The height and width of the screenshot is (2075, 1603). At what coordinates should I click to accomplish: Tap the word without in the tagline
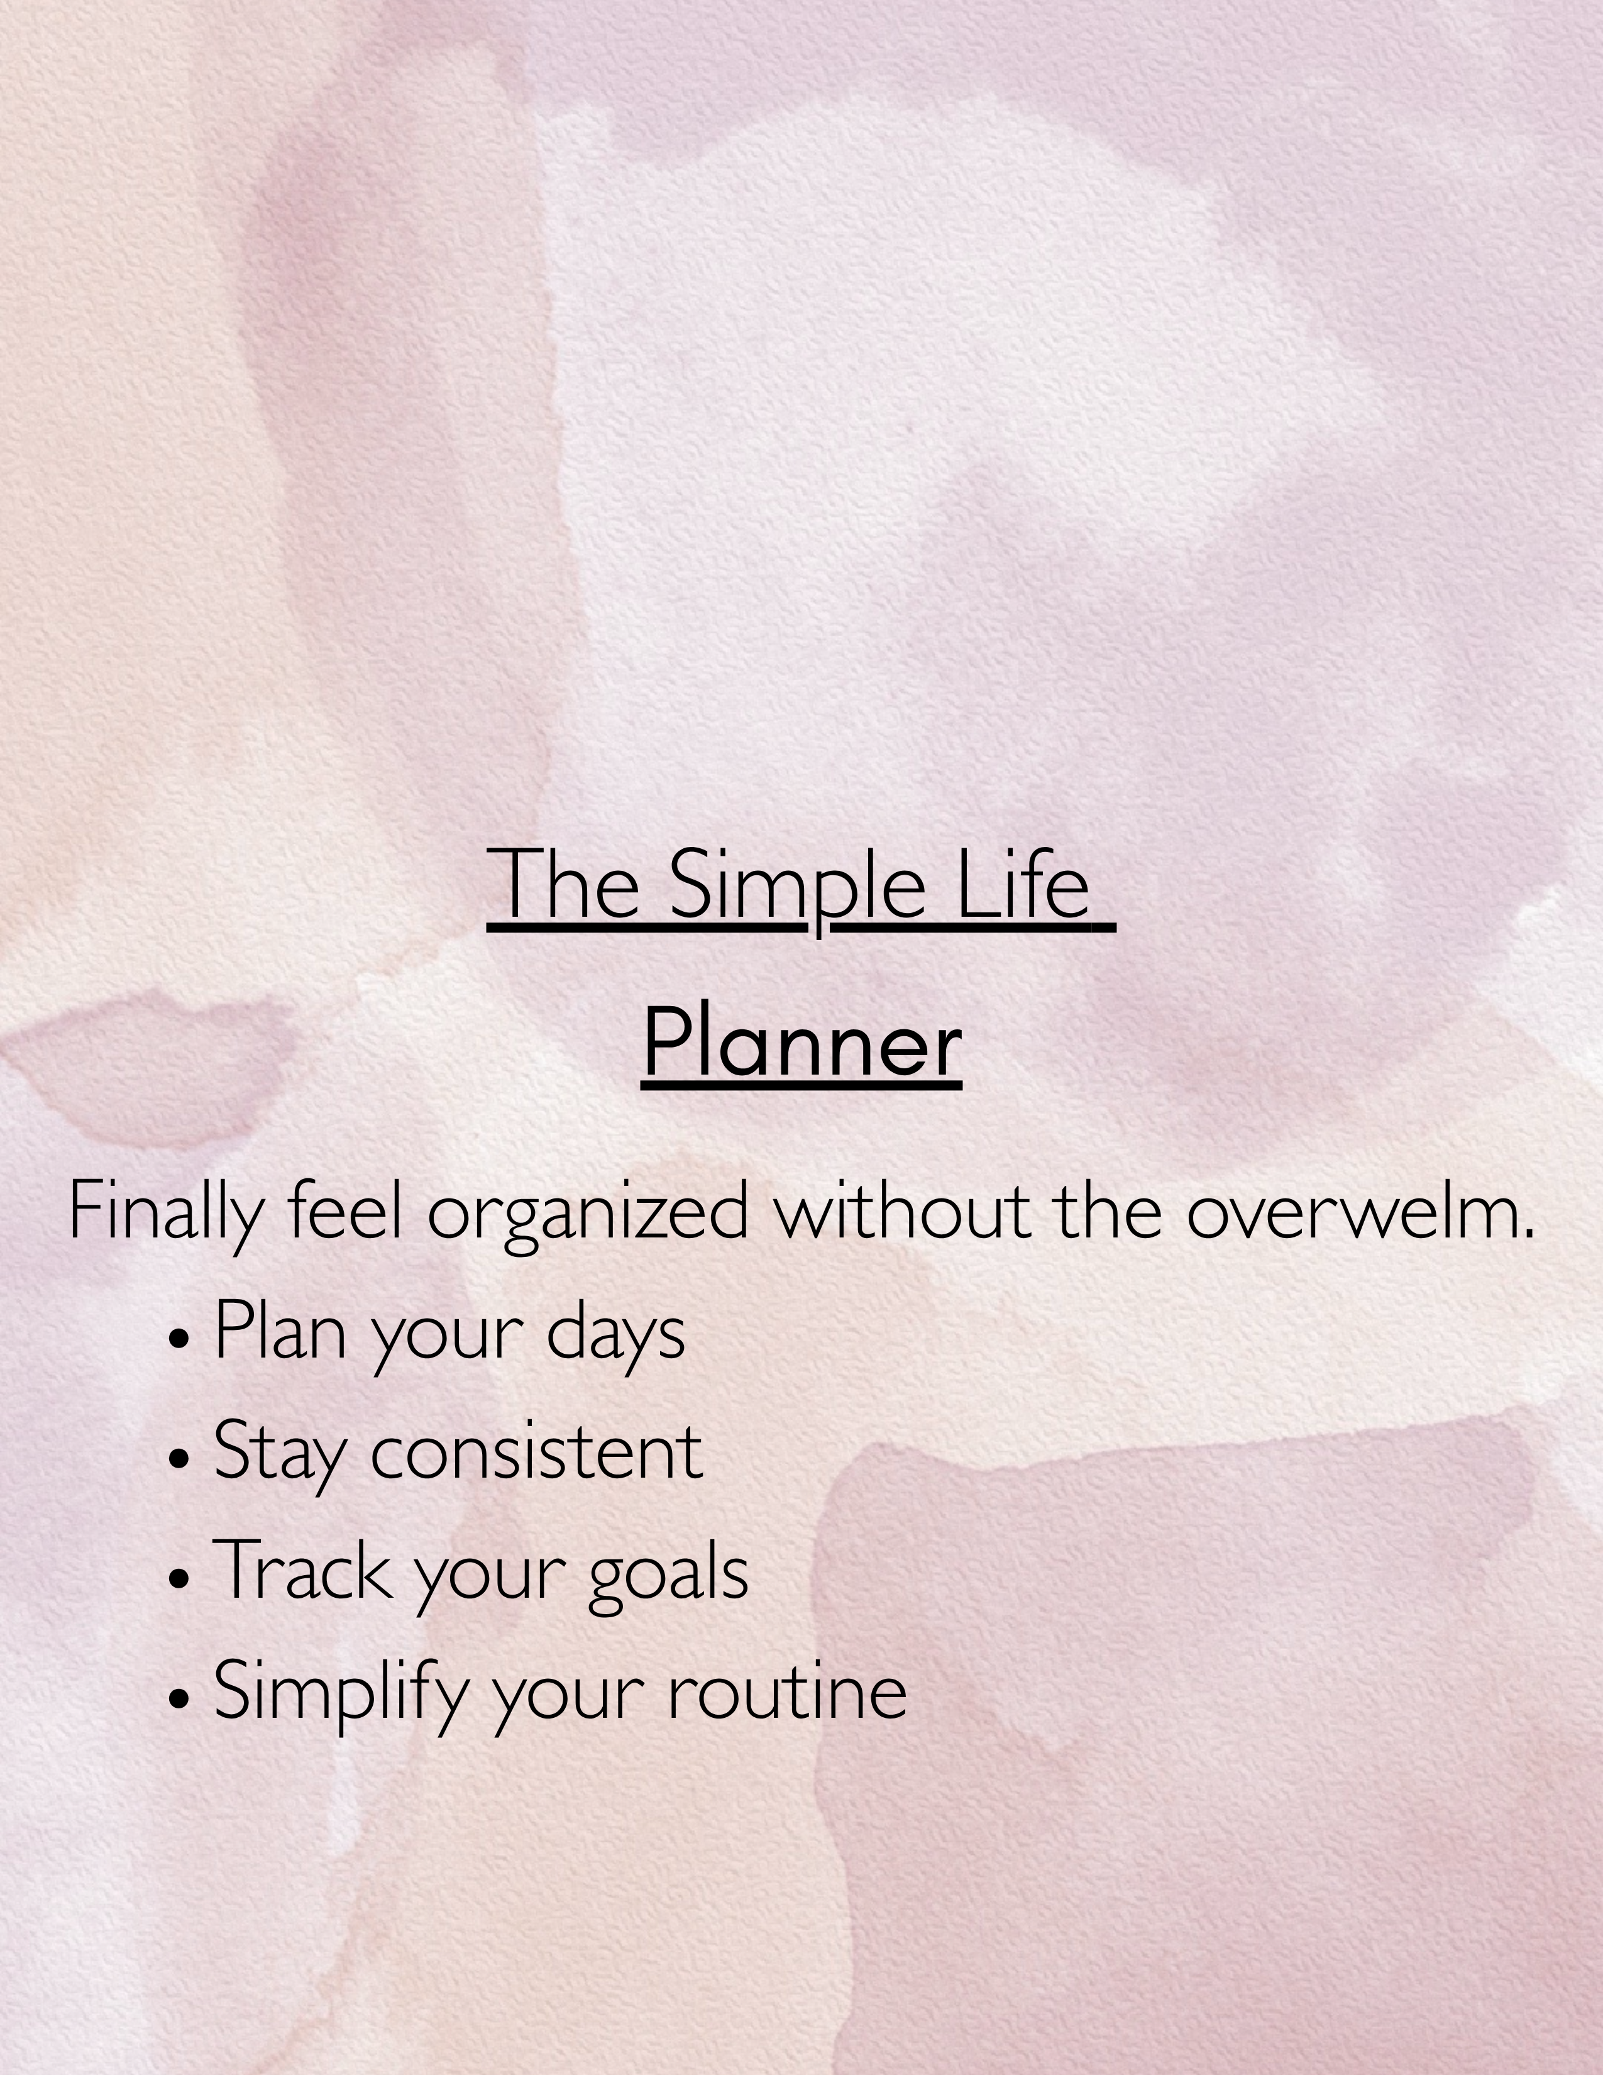pyautogui.click(x=901, y=1212)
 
